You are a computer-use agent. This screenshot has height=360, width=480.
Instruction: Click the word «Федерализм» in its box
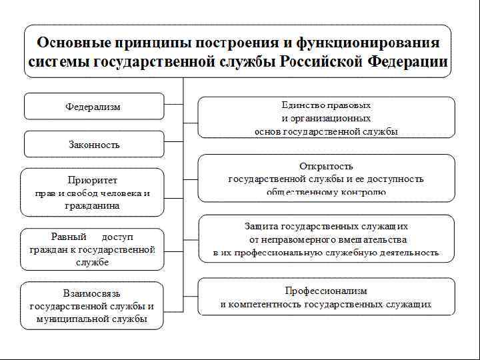(93, 107)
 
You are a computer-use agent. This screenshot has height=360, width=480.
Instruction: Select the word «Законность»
(94, 145)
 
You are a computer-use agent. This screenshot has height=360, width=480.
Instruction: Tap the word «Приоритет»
(92, 180)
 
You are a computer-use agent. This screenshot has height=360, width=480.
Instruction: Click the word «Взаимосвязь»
(92, 293)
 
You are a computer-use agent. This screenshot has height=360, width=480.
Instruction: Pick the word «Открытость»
(326, 166)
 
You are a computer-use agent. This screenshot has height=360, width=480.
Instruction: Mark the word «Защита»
(263, 226)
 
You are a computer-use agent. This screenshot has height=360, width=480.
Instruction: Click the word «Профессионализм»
(326, 291)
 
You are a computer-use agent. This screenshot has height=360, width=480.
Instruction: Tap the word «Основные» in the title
(74, 43)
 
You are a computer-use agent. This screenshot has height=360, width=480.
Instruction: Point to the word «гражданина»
(92, 206)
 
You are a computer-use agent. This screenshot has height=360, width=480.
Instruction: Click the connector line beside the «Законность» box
(173, 143)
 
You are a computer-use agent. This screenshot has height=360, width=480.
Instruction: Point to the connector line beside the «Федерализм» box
(173, 104)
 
